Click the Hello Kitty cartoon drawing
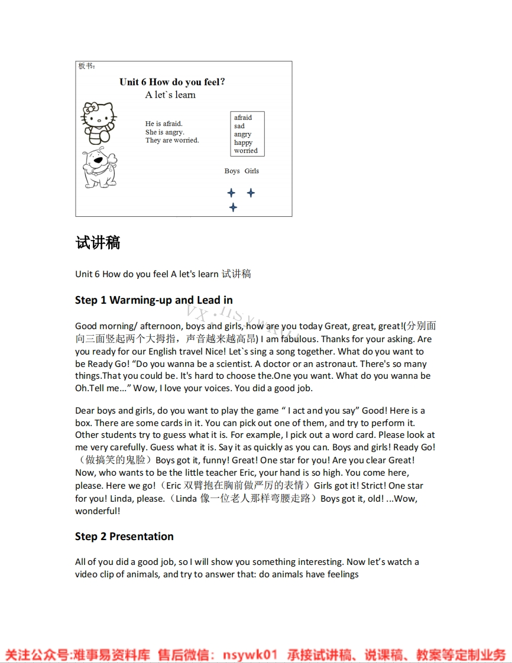tap(98, 123)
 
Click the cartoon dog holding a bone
tap(99, 167)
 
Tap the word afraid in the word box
tap(243, 118)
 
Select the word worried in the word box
tap(246, 151)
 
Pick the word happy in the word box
tap(243, 142)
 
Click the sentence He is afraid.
tap(164, 123)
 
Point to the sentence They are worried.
tap(172, 140)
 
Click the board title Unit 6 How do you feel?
tap(172, 82)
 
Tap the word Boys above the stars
tap(232, 171)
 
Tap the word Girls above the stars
tap(252, 171)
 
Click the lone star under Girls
tap(251, 193)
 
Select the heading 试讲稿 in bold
tap(98, 243)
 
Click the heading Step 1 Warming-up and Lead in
tap(154, 300)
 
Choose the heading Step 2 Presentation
tap(124, 537)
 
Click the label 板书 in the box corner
tap(86, 66)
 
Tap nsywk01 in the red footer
tap(249, 655)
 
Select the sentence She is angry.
tap(165, 132)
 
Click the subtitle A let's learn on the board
tap(170, 95)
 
